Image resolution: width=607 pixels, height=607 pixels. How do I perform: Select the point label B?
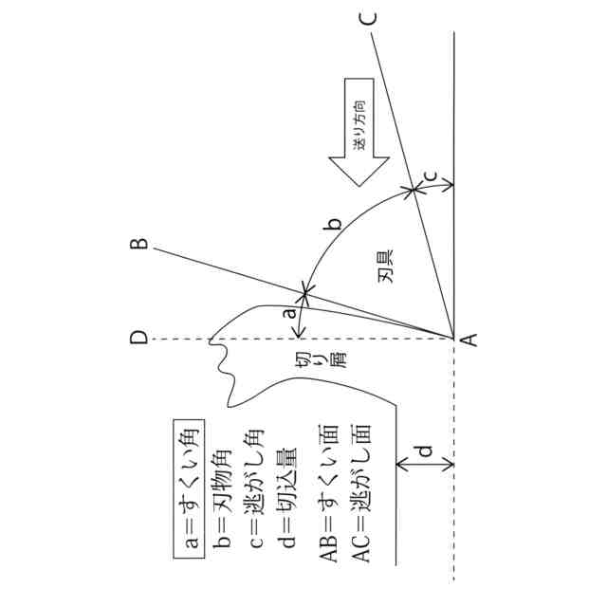click(x=138, y=245)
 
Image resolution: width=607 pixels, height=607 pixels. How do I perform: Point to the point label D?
click(x=138, y=339)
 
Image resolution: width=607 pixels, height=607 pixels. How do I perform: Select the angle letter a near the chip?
click(x=291, y=310)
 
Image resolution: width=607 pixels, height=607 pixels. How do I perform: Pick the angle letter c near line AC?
click(x=429, y=175)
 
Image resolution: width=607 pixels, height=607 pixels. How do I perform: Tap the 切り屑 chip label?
click(x=301, y=364)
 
